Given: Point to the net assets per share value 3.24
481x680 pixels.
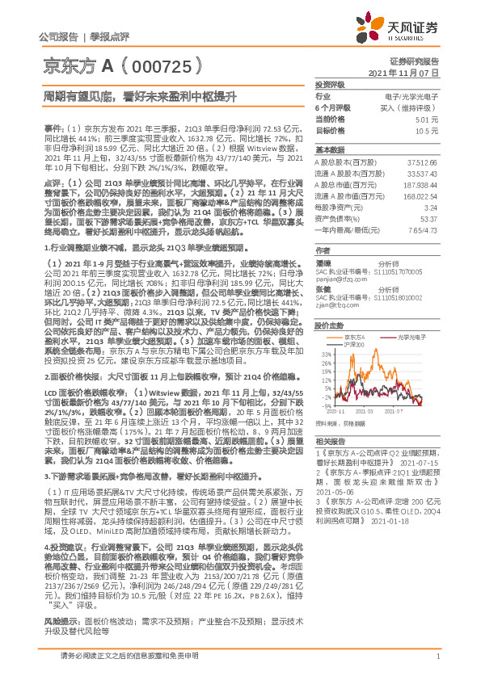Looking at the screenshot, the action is click(429, 206).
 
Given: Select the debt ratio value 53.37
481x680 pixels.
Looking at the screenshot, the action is click(428, 217).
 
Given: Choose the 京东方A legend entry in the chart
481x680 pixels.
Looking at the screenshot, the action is click(354, 336).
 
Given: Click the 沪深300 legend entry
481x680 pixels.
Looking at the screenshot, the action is click(354, 344).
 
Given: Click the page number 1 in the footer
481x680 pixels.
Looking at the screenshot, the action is click(437, 656).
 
